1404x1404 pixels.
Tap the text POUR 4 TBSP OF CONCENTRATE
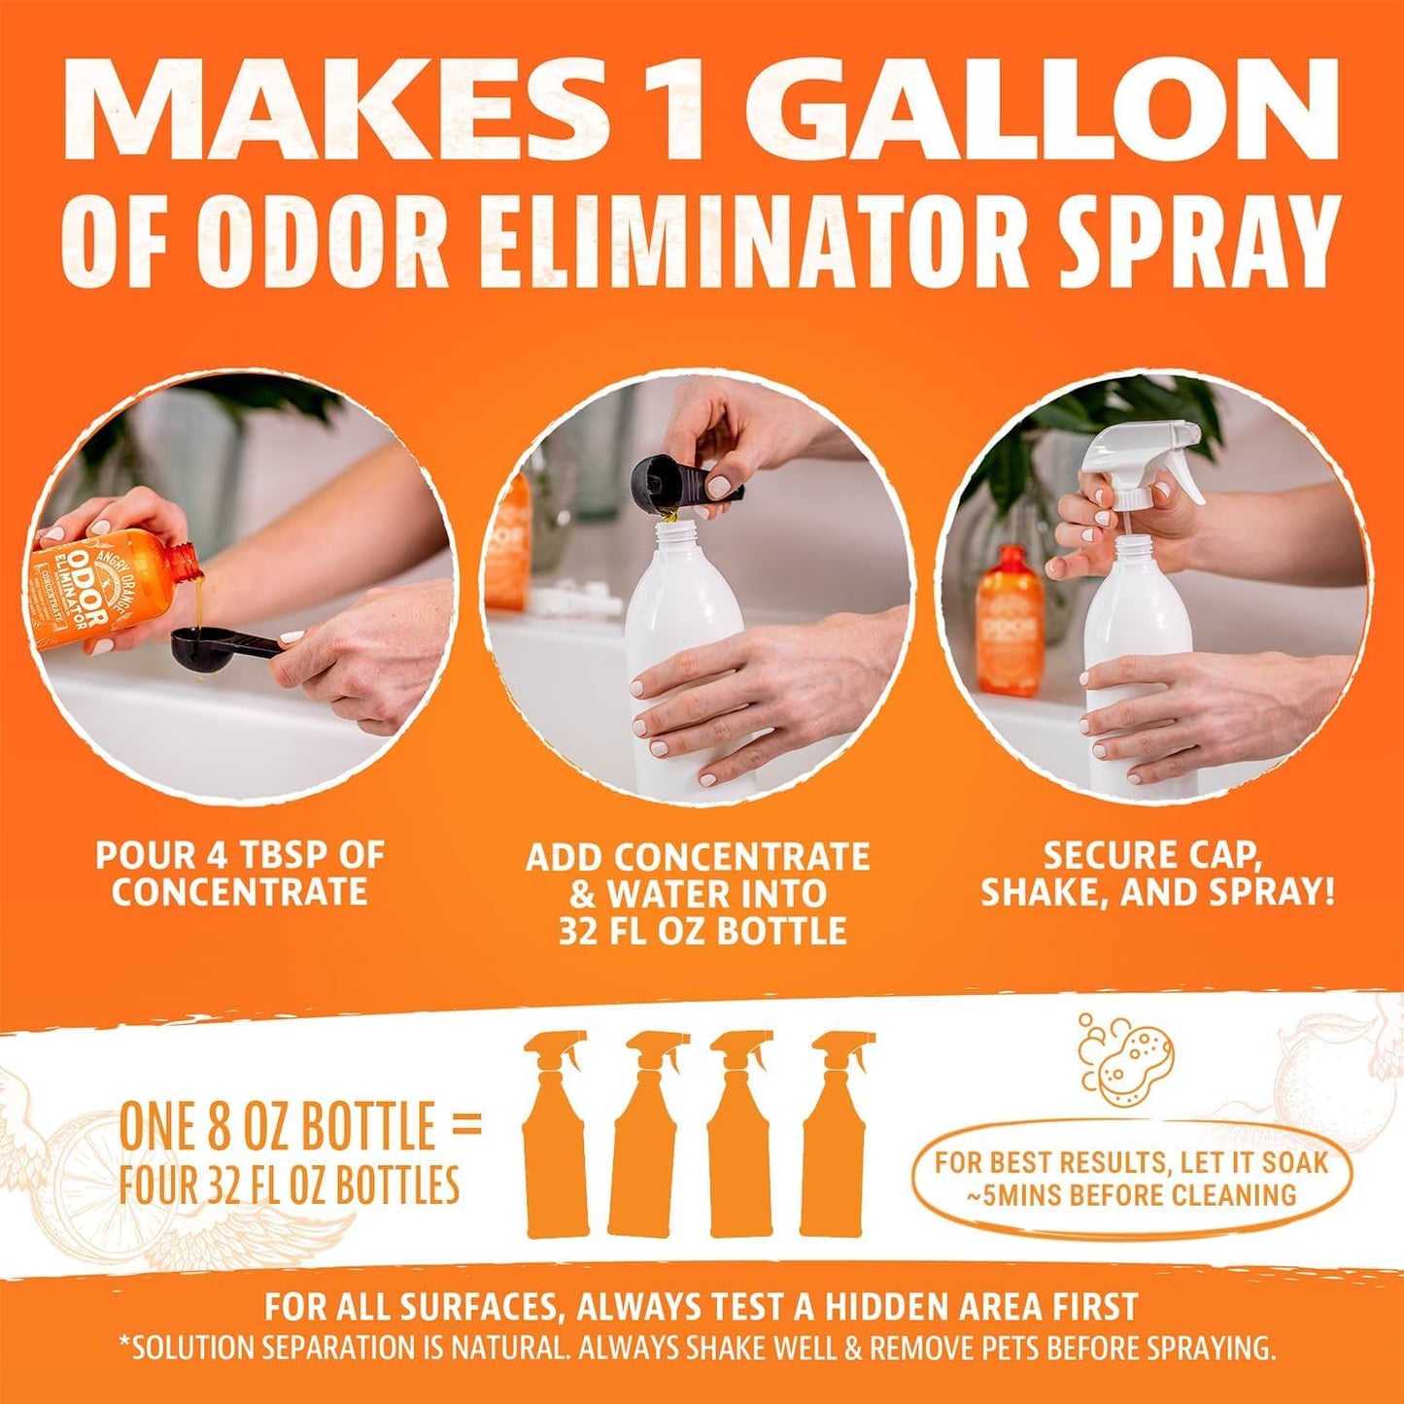(x=240, y=873)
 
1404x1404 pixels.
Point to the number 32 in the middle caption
(x=582, y=931)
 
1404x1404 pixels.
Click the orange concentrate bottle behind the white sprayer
(x=1010, y=617)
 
